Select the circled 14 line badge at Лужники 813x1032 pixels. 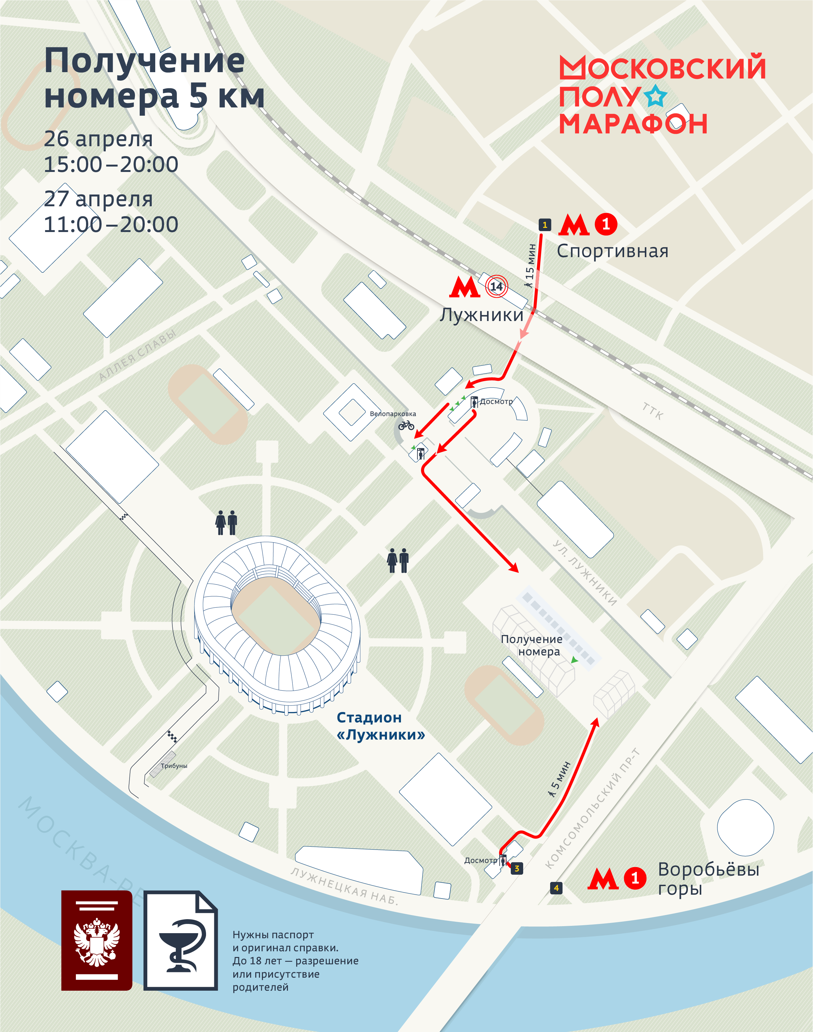496,286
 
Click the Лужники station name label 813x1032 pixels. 481,315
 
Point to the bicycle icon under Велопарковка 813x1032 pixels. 406,425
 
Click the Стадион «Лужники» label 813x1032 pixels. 380,726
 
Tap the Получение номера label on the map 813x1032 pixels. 532,645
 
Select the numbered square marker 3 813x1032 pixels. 517,869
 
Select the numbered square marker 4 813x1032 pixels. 556,888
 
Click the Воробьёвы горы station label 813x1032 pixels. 708,878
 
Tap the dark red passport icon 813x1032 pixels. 97,940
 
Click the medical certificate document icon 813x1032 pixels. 181,940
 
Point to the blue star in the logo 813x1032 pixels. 656,96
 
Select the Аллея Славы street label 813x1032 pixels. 137,354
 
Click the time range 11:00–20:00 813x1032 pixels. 111,224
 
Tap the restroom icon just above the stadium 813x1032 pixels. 226,523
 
